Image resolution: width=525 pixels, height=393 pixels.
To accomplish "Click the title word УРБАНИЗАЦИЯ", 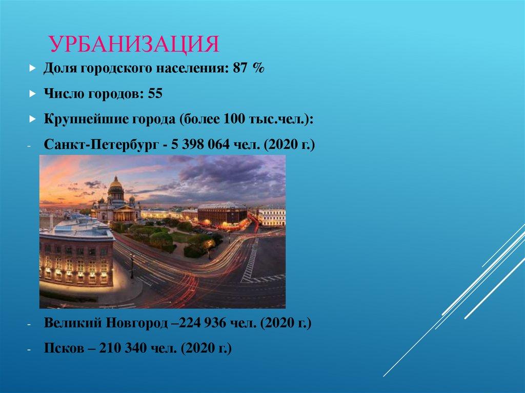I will tap(134, 45).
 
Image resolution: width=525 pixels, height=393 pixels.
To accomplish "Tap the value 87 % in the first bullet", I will tap(248, 69).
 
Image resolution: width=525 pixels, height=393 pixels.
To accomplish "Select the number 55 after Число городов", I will tap(155, 94).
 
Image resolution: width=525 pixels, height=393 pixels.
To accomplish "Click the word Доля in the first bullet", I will tap(57, 69).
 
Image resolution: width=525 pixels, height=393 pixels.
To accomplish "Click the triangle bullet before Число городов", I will tap(32, 94).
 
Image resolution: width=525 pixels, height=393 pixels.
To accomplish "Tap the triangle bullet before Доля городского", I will tap(32, 69).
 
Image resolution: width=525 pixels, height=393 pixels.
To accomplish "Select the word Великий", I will tap(73, 324).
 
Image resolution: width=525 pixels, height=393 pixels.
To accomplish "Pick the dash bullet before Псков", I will tap(30, 349).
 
